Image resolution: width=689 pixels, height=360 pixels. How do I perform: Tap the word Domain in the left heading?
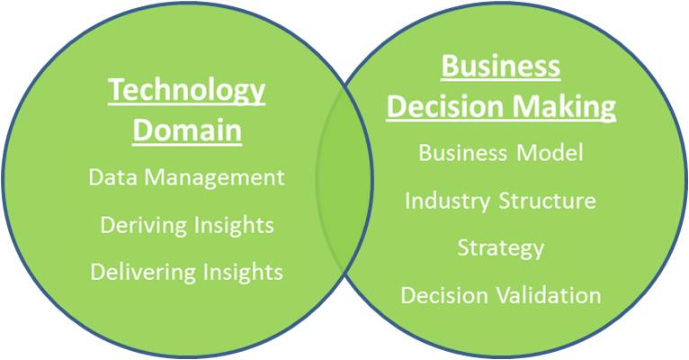click(x=187, y=130)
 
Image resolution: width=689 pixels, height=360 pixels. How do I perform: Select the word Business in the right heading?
click(x=501, y=67)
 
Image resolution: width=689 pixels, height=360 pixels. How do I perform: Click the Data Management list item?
click(x=187, y=178)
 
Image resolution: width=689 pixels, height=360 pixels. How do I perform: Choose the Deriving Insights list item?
click(x=187, y=226)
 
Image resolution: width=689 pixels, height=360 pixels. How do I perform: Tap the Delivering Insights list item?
click(x=187, y=272)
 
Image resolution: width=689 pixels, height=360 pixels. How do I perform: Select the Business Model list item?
click(x=501, y=153)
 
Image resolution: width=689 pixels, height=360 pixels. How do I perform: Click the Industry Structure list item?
click(x=500, y=202)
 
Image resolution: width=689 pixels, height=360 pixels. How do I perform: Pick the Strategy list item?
click(x=501, y=248)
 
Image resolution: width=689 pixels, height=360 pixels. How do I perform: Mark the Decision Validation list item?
click(x=501, y=295)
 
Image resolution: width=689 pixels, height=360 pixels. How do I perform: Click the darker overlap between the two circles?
click(x=344, y=180)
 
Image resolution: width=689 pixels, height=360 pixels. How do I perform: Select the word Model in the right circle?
click(x=550, y=153)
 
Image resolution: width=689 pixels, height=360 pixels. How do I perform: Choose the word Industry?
click(x=447, y=202)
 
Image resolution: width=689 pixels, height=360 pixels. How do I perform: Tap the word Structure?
click(x=548, y=201)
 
